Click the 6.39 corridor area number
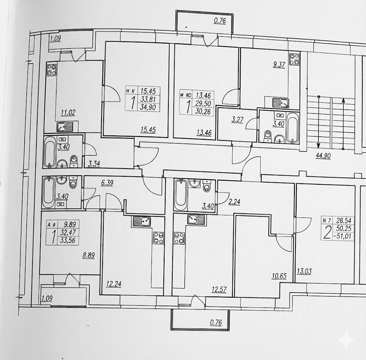(108, 183)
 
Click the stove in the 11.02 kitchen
(51, 70)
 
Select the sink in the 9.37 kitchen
(282, 103)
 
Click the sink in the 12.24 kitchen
(142, 221)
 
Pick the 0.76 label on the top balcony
(220, 21)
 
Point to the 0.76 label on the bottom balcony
(216, 323)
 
